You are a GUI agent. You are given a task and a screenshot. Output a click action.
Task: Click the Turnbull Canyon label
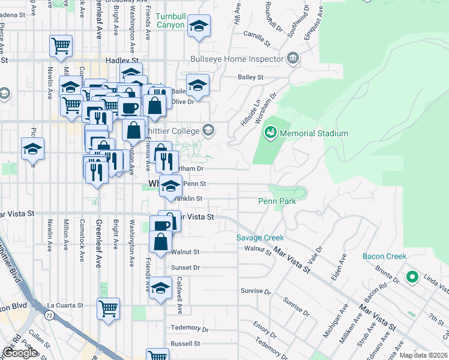tap(170, 20)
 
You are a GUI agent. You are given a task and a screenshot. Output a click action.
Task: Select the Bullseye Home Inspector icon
tap(292, 58)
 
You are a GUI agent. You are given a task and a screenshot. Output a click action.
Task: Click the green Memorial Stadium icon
tap(271, 131)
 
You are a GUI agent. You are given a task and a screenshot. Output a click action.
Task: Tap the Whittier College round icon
tap(208, 130)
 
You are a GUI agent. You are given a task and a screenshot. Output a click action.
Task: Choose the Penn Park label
tap(277, 202)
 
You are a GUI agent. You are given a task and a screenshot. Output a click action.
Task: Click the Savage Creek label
tap(260, 238)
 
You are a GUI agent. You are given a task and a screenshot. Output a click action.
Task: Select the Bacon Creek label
tap(384, 256)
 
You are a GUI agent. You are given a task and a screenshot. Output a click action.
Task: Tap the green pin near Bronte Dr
tap(412, 277)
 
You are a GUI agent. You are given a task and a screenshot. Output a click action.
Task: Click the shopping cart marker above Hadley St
tap(61, 46)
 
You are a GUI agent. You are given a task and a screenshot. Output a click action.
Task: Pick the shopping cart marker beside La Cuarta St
tap(109, 308)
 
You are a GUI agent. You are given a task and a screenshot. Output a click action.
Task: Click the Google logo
tap(20, 353)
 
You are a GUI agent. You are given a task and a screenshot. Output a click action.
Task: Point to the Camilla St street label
tap(256, 38)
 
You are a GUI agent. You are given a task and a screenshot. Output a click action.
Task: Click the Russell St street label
tap(185, 344)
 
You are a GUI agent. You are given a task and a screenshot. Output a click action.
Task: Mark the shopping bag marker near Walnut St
tap(160, 242)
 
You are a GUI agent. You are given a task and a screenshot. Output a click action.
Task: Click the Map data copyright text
tap(423, 355)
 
